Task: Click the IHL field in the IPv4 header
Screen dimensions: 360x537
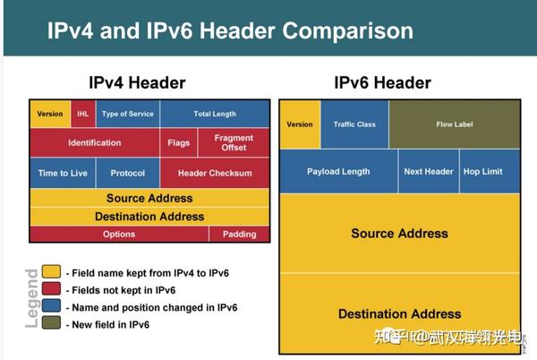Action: [x=82, y=114]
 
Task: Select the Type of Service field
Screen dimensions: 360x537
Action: [x=127, y=114]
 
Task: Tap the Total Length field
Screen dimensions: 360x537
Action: [x=215, y=114]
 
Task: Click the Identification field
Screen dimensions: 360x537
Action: [x=95, y=143]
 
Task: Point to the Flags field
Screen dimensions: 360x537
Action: [x=178, y=143]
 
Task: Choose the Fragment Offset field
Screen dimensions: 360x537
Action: [x=234, y=143]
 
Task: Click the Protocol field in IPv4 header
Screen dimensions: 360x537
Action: [x=127, y=173]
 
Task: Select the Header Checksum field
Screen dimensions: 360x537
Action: [x=215, y=173]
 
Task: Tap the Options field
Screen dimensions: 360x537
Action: [x=119, y=235]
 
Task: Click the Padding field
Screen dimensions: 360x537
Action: [x=239, y=235]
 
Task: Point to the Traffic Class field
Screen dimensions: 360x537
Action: [x=354, y=124]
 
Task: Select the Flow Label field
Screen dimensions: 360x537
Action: [x=454, y=124]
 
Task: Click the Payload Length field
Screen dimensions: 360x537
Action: [x=338, y=171]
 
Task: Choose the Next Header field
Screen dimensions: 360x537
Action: [x=429, y=171]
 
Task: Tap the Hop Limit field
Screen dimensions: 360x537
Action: [x=482, y=171]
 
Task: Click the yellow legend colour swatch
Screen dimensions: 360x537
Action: [x=52, y=271]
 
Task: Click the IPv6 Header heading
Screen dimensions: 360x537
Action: [x=382, y=83]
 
